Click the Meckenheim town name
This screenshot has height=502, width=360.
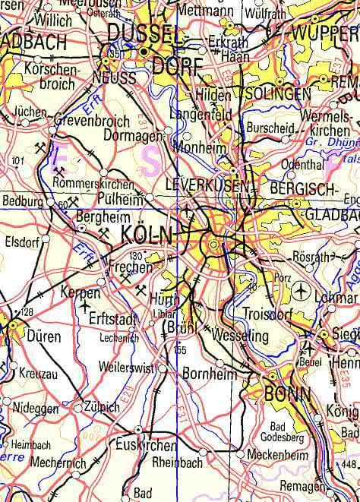(279, 454)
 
